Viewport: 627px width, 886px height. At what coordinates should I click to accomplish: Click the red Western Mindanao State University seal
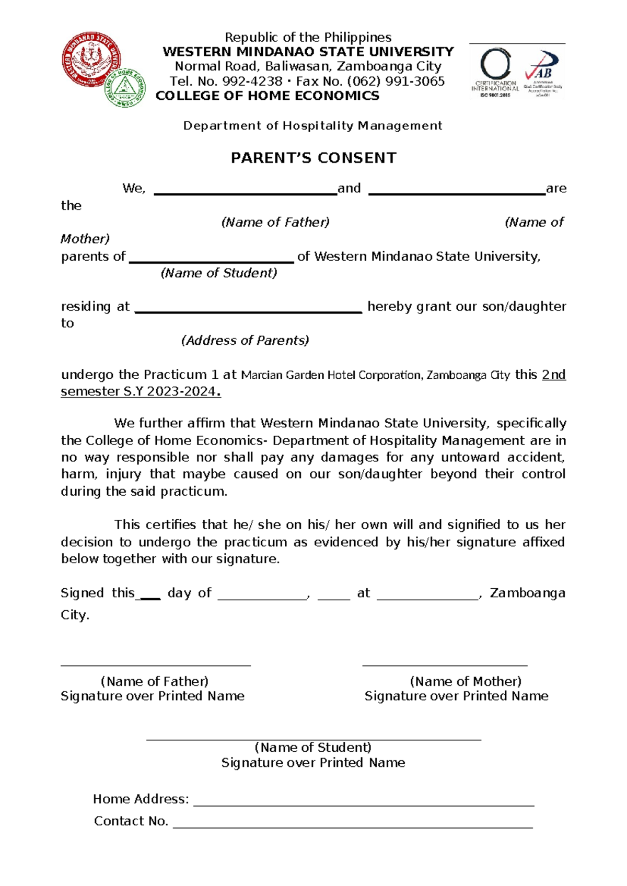tap(91, 59)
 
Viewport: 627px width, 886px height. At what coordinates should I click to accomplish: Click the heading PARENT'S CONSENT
tap(313, 158)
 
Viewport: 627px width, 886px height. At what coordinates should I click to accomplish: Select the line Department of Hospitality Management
tap(312, 125)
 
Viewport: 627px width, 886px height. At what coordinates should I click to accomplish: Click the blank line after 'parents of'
tap(211, 262)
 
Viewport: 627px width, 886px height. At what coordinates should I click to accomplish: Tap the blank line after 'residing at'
tap(248, 311)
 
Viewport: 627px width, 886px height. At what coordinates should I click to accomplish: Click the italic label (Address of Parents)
tap(245, 341)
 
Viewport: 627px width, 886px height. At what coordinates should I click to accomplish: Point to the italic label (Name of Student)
tap(219, 273)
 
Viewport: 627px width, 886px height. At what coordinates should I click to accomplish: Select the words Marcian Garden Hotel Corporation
tap(331, 375)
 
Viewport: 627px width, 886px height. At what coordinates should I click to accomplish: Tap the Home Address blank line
tap(364, 805)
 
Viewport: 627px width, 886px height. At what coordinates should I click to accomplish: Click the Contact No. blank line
tap(353, 827)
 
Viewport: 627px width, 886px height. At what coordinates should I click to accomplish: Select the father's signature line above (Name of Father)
tap(156, 665)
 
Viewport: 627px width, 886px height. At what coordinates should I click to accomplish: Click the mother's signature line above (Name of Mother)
tap(445, 665)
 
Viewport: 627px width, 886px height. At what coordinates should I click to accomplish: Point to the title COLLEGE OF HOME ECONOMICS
tap(268, 96)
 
